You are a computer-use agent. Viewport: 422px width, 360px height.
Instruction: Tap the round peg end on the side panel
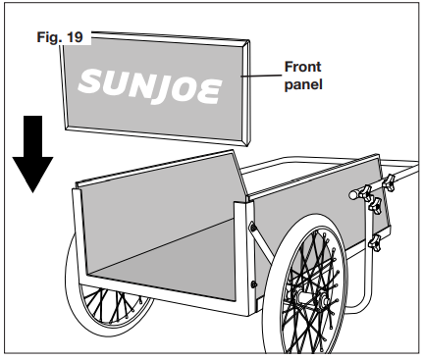pyautogui.click(x=350, y=195)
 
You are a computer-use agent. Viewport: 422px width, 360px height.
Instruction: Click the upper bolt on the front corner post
pyautogui.click(x=253, y=228)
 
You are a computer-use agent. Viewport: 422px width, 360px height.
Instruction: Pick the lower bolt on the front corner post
pyautogui.click(x=253, y=284)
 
